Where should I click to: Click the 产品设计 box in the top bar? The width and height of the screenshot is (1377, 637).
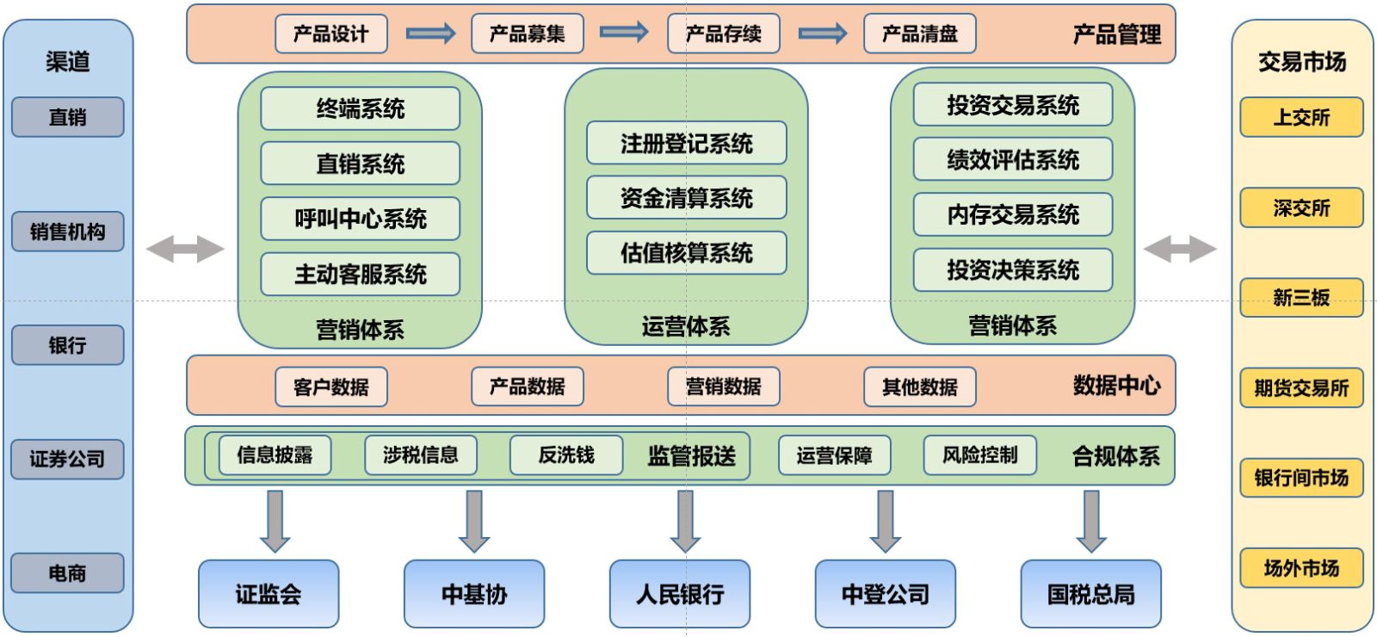(330, 34)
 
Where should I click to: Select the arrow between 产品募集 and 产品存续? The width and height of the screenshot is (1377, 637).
(624, 33)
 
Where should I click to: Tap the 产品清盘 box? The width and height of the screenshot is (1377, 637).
(919, 34)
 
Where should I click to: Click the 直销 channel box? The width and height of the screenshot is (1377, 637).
(67, 117)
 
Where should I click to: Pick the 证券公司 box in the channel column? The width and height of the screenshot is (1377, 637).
(67, 459)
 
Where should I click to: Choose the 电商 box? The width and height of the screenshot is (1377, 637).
(67, 573)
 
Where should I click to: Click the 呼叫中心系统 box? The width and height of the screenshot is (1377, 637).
(360, 219)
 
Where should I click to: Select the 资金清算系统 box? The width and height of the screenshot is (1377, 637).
(686, 198)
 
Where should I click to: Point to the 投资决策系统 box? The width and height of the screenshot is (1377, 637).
(1012, 269)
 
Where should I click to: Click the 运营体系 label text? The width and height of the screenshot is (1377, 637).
(686, 326)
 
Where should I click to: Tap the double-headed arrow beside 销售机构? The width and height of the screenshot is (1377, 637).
(185, 250)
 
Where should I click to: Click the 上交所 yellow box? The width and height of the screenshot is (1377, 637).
(1300, 118)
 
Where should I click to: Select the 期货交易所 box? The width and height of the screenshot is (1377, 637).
(1300, 388)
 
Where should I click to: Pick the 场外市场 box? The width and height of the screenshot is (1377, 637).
(1300, 568)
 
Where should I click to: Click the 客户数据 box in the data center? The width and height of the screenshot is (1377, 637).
(330, 387)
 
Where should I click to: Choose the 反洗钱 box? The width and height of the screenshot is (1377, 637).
(565, 455)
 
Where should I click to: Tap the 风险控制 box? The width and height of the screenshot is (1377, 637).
(979, 455)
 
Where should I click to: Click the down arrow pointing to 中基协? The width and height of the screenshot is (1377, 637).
(473, 521)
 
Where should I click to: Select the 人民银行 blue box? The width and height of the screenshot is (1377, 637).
(679, 594)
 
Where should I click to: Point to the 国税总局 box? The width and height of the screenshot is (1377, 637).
(1090, 594)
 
